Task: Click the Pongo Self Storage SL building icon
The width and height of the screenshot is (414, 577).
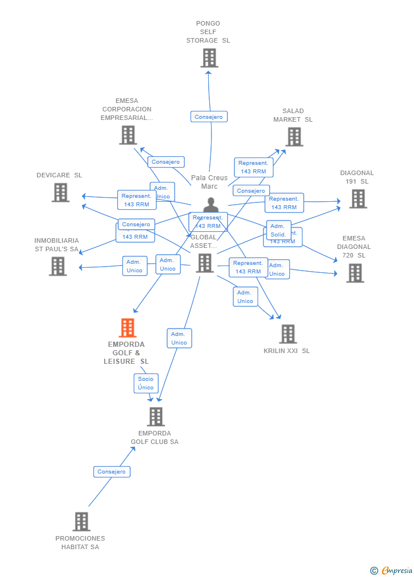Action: click(x=209, y=58)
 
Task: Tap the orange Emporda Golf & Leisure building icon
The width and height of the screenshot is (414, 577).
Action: click(x=127, y=328)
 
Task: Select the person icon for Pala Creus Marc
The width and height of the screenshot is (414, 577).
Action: click(x=211, y=205)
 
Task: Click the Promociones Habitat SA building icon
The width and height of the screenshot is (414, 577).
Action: click(x=81, y=522)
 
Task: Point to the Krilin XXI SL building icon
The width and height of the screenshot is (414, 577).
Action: click(x=288, y=334)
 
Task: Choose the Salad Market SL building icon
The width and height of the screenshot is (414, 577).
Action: click(x=294, y=137)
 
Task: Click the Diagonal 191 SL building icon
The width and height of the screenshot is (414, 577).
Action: click(x=358, y=199)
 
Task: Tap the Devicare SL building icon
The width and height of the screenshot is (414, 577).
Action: click(x=60, y=193)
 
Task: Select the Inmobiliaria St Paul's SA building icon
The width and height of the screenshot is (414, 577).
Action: click(x=57, y=266)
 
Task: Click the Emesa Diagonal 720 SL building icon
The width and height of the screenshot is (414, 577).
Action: click(x=355, y=273)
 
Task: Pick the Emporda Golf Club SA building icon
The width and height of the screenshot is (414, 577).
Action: click(x=155, y=417)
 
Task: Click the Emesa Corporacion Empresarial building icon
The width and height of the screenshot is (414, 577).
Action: click(x=128, y=135)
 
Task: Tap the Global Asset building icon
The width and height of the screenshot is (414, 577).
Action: click(x=205, y=263)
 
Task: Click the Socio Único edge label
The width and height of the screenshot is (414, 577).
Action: click(x=146, y=383)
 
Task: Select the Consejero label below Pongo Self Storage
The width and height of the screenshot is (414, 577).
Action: click(x=209, y=117)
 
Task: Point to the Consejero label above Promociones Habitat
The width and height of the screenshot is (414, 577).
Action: click(x=111, y=472)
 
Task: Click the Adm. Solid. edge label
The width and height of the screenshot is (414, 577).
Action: click(x=278, y=230)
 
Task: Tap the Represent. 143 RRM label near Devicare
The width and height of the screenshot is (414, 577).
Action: click(x=136, y=200)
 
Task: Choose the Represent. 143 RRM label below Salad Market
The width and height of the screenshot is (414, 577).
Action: click(x=253, y=167)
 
